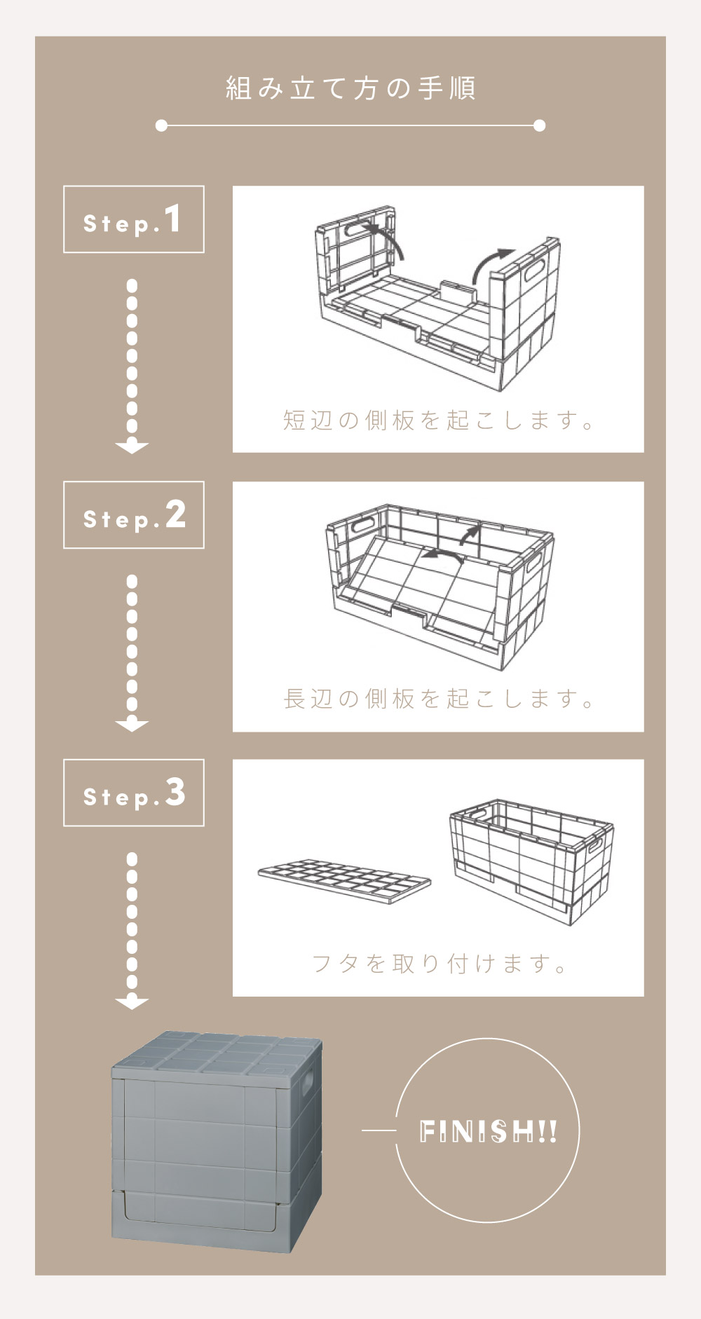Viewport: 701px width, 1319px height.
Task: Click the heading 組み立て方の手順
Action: [350, 88]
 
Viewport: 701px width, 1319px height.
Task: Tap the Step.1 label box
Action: [134, 219]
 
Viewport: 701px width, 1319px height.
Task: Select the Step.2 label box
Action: [134, 515]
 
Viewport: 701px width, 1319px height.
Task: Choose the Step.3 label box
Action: [134, 793]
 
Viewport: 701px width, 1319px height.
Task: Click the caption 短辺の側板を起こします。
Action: [439, 420]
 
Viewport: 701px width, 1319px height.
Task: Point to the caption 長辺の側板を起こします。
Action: [439, 699]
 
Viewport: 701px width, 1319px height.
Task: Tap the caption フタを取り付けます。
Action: [439, 964]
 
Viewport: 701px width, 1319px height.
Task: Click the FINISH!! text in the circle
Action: [488, 1131]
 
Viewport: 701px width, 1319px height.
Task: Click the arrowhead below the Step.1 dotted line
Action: [132, 447]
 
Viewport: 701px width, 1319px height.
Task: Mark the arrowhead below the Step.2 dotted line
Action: [132, 725]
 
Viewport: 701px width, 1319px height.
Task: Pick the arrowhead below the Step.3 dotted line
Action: [132, 1003]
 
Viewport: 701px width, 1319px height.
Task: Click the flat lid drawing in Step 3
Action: [344, 881]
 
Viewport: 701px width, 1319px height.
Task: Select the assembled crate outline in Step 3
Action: [531, 861]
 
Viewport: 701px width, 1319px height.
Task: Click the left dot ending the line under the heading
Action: [161, 125]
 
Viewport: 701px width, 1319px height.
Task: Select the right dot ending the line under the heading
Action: [539, 125]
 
